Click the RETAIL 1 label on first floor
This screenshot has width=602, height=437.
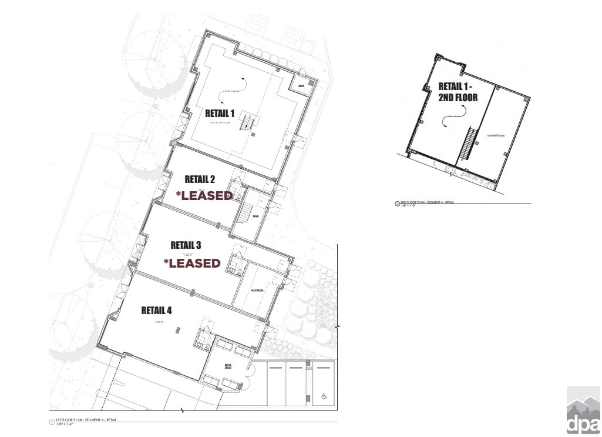coord(220,113)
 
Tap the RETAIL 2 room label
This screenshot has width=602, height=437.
coord(200,179)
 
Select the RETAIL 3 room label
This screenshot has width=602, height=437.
coord(186,245)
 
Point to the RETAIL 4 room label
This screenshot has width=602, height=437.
coord(156,310)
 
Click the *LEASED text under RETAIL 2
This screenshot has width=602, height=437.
coord(205,196)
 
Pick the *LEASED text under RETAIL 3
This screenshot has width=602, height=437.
coord(192,263)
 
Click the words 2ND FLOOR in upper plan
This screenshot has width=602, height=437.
coord(458,98)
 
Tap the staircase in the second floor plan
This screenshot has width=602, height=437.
coord(468,144)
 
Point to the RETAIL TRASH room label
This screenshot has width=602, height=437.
coord(229,366)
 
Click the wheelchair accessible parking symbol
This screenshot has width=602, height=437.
coord(324,397)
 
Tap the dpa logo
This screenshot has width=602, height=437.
coord(583,410)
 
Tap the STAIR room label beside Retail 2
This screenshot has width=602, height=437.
coord(255,216)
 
